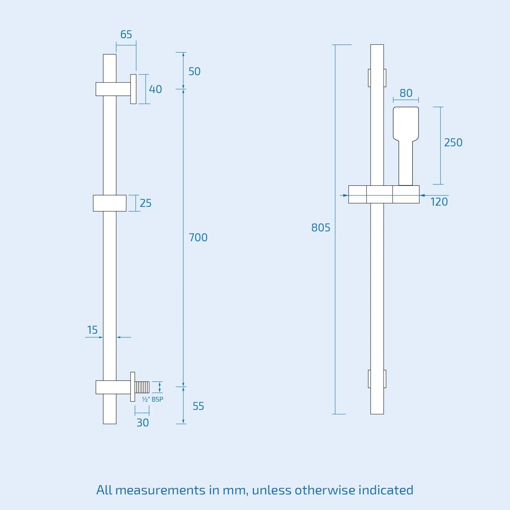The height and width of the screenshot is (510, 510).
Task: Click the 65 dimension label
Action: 126,34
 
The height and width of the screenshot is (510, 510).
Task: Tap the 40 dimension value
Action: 156,89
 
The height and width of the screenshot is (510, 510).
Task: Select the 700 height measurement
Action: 198,237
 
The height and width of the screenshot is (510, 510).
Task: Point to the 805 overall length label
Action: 321,228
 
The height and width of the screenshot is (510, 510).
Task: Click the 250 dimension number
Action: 453,142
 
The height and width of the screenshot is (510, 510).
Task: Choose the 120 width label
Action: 439,202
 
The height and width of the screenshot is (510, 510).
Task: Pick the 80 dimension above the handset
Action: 406,93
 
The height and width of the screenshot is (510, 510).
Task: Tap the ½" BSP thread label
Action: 152,399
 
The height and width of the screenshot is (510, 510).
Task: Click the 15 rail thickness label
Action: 92,330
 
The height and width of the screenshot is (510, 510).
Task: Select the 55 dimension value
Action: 198,406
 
